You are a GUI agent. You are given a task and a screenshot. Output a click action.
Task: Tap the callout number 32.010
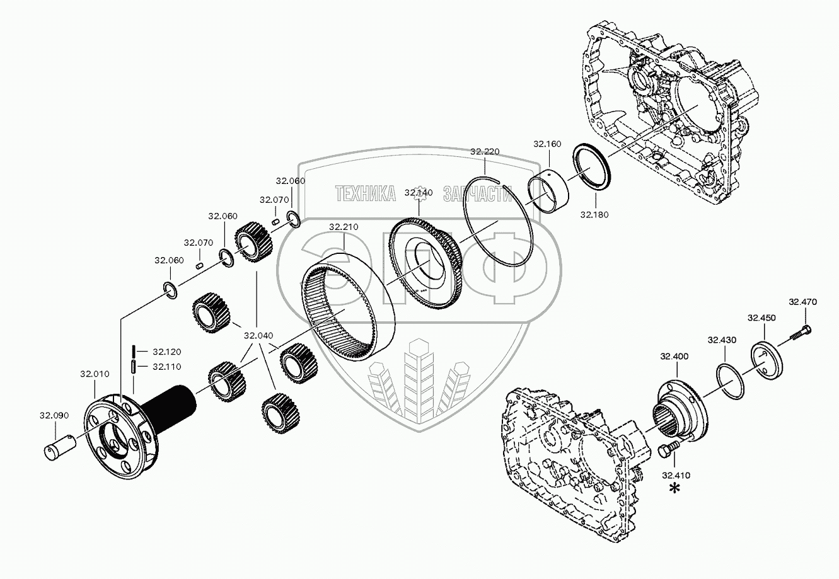tap(94, 374)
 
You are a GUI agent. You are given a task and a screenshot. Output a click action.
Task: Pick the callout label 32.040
tap(259, 336)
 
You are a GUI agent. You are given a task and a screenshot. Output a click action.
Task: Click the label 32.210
tap(343, 227)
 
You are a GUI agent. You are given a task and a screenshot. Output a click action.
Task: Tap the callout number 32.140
tap(419, 193)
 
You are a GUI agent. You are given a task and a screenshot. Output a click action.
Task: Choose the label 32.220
tap(485, 151)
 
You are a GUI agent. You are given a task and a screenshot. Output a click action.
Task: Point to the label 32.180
tap(594, 214)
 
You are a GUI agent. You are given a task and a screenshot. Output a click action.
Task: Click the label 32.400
tap(674, 357)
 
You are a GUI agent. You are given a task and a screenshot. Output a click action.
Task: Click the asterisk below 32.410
tap(675, 490)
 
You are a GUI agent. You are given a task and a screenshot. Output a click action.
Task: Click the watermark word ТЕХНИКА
tap(366, 193)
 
